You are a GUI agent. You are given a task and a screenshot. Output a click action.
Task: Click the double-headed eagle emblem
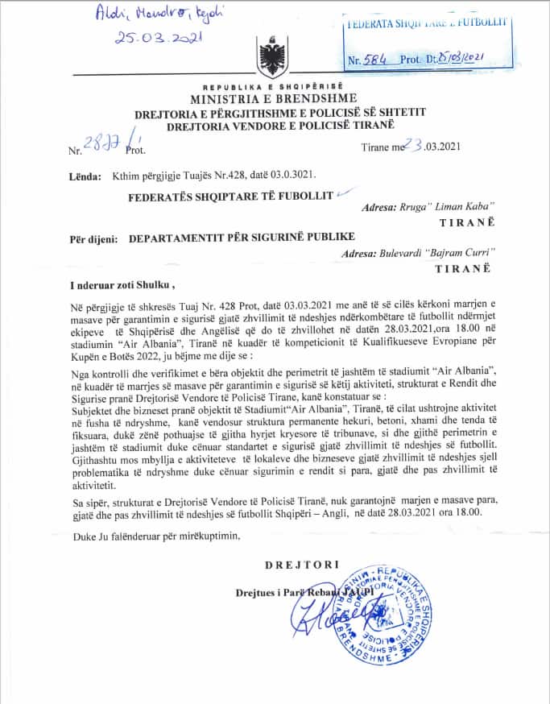[270, 59]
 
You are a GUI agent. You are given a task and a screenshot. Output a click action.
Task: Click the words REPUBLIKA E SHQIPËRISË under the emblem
[272, 86]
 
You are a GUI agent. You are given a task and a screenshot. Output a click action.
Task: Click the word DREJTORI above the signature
[302, 565]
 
